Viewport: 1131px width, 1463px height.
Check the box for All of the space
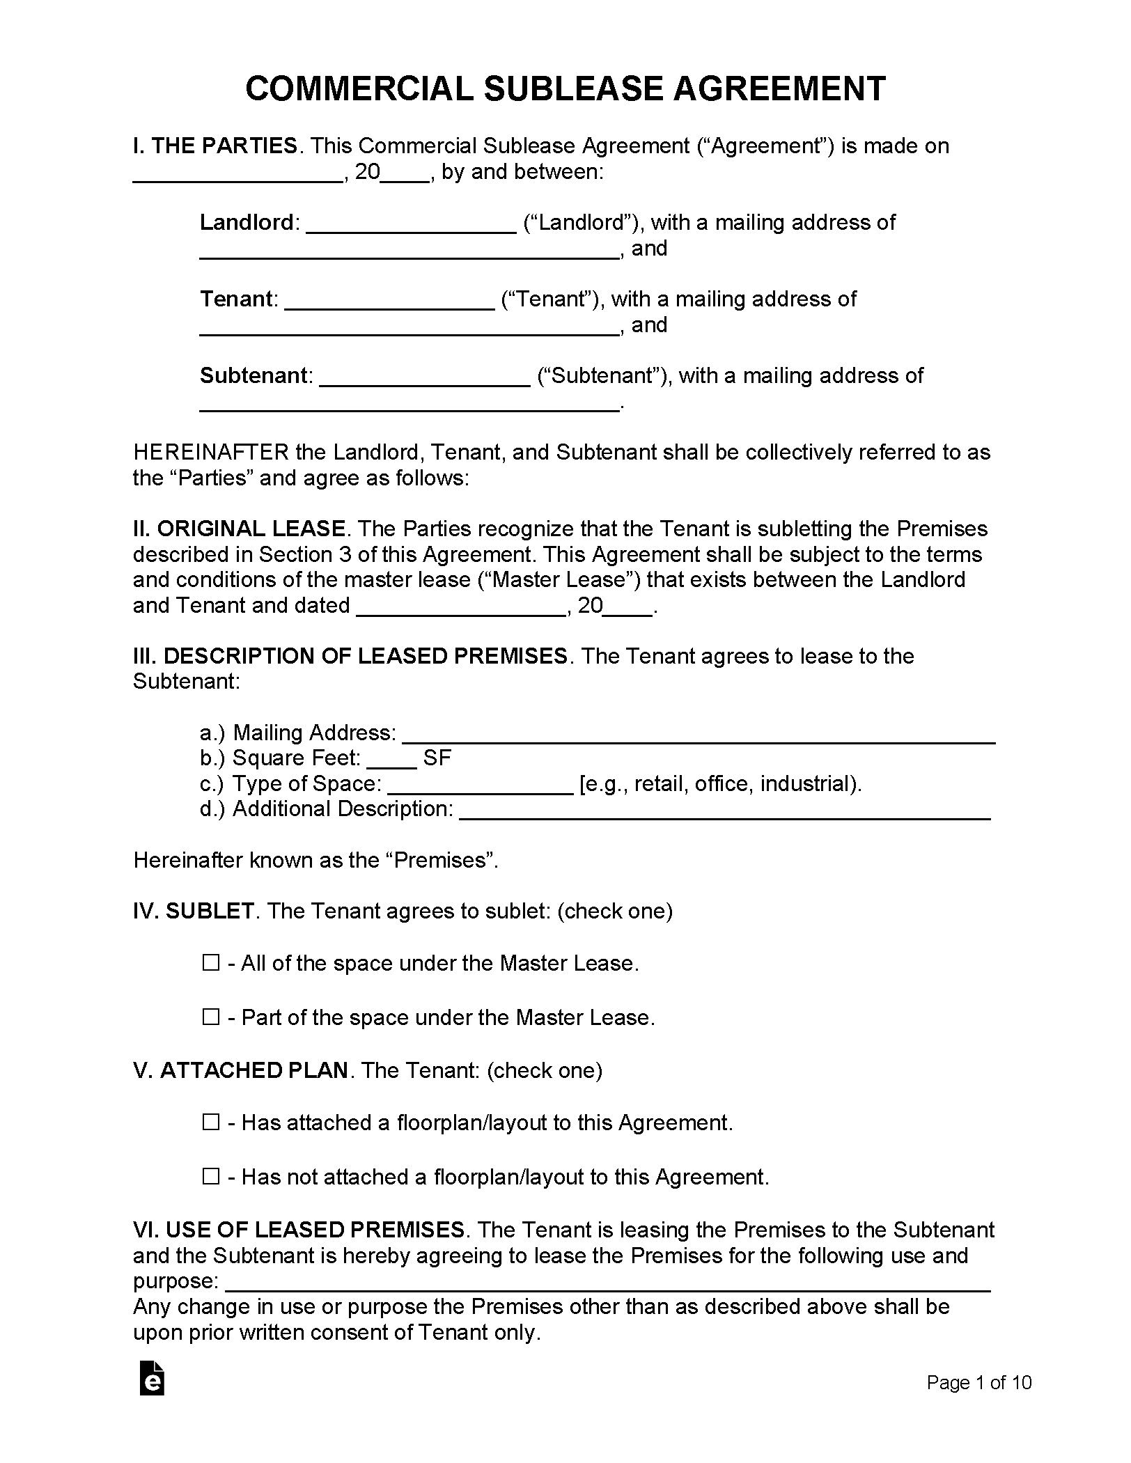[x=210, y=963]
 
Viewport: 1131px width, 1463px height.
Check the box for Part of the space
[x=210, y=1017]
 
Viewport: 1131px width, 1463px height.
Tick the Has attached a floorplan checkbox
[x=210, y=1122]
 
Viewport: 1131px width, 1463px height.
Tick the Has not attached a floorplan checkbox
[x=210, y=1177]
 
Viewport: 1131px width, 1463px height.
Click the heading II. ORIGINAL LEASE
[x=240, y=529]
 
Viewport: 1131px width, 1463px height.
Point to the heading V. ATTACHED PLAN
[x=240, y=1070]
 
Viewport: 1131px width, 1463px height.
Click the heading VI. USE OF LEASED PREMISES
[x=299, y=1230]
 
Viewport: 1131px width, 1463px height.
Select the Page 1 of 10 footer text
[x=978, y=1382]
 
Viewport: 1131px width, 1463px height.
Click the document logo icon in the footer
[x=152, y=1378]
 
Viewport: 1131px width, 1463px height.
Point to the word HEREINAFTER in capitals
[x=210, y=453]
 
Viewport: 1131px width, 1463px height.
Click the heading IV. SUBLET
[x=194, y=911]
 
